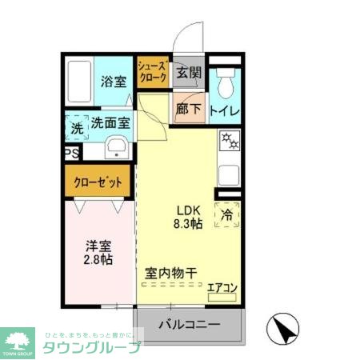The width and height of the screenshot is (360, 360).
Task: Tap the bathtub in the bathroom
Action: pos(80,82)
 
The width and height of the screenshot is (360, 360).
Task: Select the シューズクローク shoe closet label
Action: pos(152,73)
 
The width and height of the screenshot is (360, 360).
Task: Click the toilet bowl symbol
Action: pos(224,80)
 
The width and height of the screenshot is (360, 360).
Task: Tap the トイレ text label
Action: pos(225,111)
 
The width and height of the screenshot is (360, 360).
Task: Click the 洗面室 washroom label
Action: pos(110,123)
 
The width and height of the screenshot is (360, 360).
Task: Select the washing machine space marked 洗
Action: pos(77,126)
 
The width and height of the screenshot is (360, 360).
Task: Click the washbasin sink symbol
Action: pos(116,149)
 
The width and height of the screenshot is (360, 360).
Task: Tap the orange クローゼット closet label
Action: pos(98,182)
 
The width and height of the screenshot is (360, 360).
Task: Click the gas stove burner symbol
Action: pos(228,141)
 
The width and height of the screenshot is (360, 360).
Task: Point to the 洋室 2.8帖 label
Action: pos(98,254)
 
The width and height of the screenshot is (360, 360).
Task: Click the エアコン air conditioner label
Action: pos(222,287)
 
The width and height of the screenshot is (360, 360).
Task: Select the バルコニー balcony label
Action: pos(189,326)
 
